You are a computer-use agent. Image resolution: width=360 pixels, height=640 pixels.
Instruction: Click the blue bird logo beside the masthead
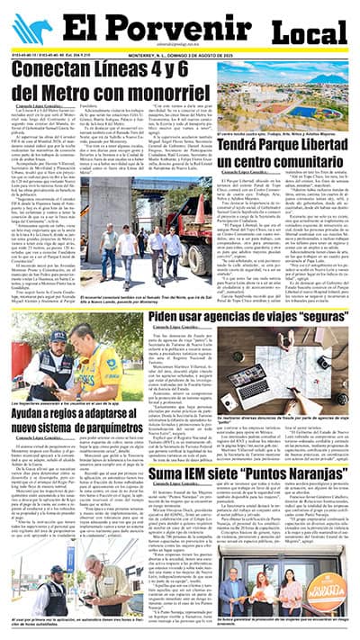click(31, 30)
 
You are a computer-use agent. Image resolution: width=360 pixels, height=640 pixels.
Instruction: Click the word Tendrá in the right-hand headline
click(243, 142)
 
